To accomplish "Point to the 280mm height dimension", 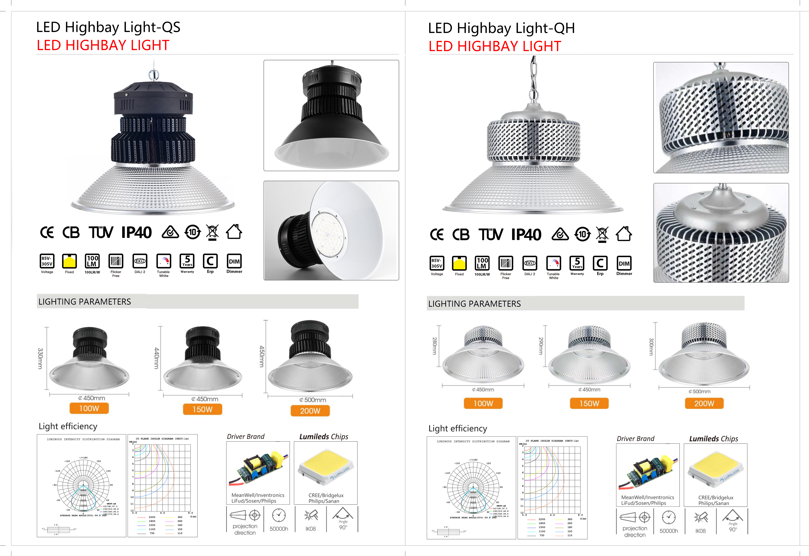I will click(434, 346).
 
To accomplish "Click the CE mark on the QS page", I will click(47, 232).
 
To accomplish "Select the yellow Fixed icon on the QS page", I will click(69, 261).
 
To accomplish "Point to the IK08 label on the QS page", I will click(310, 528).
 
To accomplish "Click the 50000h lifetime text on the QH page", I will click(669, 531).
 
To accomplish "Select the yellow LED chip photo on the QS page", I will click(325, 468).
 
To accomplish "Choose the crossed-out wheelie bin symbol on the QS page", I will click(212, 232).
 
